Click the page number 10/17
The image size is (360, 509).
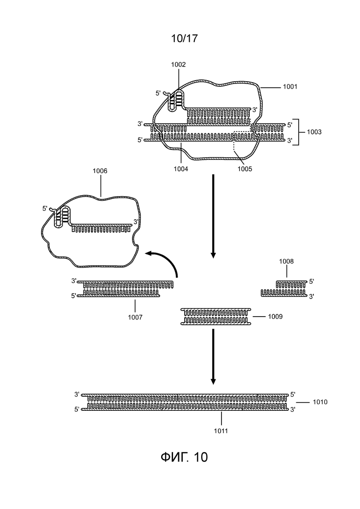(x=184, y=39)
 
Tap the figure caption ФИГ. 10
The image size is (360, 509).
(x=184, y=457)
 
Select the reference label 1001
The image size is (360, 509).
(x=290, y=87)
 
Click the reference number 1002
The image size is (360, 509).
(x=178, y=65)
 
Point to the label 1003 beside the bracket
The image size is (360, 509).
(x=314, y=132)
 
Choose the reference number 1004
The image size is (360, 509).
(x=180, y=169)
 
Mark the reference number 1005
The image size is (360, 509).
(x=245, y=169)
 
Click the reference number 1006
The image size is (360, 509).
(x=100, y=171)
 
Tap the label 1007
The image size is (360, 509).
(x=135, y=317)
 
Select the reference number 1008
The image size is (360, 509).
(x=286, y=261)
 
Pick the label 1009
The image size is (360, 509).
(x=275, y=317)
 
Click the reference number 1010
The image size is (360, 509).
(x=320, y=402)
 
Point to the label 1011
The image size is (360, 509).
(x=221, y=431)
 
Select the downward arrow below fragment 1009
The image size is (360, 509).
(x=213, y=356)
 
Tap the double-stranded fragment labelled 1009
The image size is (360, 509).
(x=216, y=317)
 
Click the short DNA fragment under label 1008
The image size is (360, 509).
(x=284, y=289)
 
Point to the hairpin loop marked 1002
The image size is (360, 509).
(x=176, y=101)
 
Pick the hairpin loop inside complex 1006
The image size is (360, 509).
(x=62, y=216)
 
